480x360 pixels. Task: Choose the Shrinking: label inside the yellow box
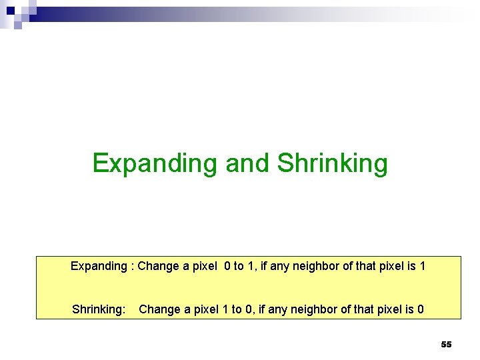pyautogui.click(x=99, y=310)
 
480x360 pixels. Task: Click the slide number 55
pyautogui.click(x=446, y=345)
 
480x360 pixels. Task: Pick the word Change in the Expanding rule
pyautogui.click(x=157, y=267)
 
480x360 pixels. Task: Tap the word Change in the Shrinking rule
pyautogui.click(x=158, y=310)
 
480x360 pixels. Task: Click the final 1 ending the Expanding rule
pyautogui.click(x=421, y=267)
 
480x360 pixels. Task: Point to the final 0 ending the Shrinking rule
pyautogui.click(x=419, y=310)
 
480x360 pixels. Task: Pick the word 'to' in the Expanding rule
pyautogui.click(x=239, y=267)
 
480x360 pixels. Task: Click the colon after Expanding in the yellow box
pyautogui.click(x=133, y=267)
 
